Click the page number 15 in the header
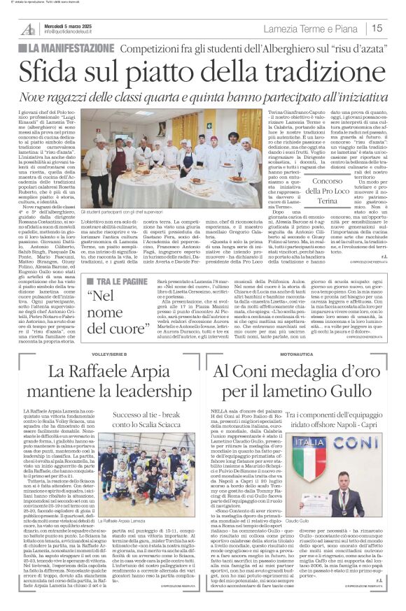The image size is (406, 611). [x=377, y=29]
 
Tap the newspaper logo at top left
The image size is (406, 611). [x=27, y=27]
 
